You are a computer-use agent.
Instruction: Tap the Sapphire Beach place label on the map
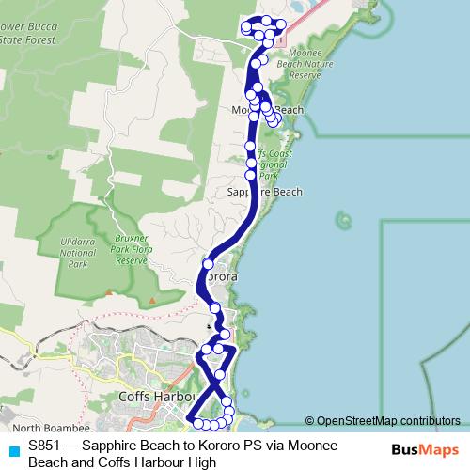click(265, 192)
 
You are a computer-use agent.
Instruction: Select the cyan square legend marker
click(12, 449)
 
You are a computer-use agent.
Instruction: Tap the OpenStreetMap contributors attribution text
click(388, 421)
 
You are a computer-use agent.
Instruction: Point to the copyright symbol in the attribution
click(309, 421)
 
